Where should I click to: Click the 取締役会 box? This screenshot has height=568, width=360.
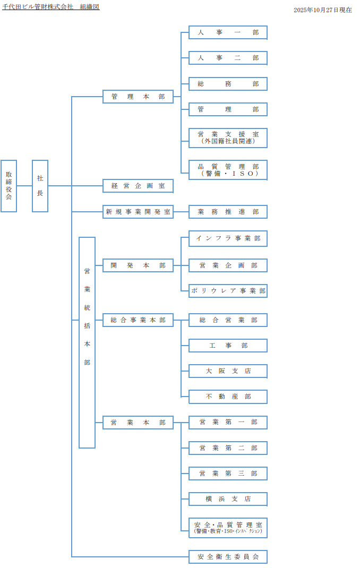[x=8, y=186]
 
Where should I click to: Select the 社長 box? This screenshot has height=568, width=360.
[x=40, y=186]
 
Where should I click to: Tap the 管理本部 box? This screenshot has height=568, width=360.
[x=138, y=97]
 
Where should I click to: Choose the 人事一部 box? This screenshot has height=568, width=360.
[x=228, y=32]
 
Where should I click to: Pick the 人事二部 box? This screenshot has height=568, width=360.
[x=228, y=58]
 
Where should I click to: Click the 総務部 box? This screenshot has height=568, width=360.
[x=228, y=84]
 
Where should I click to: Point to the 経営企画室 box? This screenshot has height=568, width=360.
[x=138, y=186]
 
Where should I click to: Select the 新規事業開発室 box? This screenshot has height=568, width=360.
[x=138, y=212]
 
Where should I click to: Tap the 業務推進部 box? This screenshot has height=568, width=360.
[x=228, y=212]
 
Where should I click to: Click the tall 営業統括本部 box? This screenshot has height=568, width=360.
[x=87, y=342]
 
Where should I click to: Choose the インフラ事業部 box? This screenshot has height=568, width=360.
[x=228, y=238]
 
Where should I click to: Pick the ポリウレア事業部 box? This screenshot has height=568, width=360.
[x=228, y=291]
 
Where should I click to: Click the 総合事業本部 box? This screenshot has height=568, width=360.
[x=138, y=320]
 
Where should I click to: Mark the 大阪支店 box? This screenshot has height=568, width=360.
[x=228, y=371]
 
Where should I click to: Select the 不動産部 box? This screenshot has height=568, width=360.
[x=228, y=397]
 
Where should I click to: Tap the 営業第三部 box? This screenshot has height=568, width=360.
[x=228, y=474]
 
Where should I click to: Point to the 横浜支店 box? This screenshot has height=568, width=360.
[x=228, y=499]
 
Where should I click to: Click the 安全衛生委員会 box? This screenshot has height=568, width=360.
[x=228, y=557]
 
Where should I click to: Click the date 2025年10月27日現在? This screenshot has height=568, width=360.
[x=322, y=10]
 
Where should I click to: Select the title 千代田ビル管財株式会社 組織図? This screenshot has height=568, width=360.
[x=51, y=7]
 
